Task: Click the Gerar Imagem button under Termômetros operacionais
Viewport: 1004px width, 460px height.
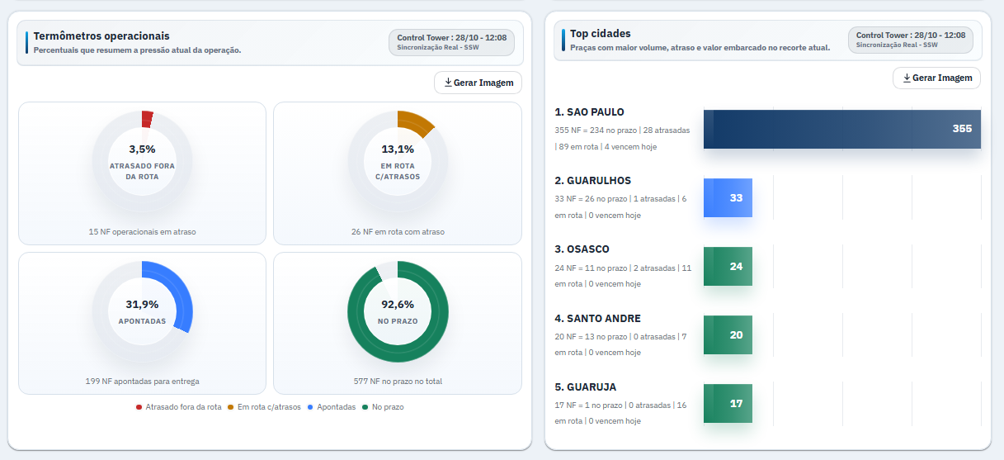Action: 478,83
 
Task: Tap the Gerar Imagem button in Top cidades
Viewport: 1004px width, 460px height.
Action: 937,78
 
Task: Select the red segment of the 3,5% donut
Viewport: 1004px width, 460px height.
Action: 147,120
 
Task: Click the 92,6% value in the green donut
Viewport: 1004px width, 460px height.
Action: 398,304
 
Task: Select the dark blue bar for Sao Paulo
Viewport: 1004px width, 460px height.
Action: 842,130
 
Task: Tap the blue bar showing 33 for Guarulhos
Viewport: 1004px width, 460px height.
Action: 728,198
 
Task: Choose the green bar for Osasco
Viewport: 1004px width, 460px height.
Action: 728,266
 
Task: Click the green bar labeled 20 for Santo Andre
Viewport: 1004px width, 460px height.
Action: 728,334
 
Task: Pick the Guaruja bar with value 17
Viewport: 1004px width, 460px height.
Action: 728,404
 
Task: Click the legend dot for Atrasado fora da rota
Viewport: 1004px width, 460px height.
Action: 139,407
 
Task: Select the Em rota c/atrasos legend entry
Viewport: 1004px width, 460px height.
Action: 265,407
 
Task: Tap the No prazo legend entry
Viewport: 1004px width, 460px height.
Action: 384,407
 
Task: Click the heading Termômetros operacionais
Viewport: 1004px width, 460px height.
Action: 101,36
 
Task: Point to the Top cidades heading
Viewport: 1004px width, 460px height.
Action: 600,34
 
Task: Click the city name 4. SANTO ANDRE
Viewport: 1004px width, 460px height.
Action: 597,319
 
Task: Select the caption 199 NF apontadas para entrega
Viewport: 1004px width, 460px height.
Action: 142,382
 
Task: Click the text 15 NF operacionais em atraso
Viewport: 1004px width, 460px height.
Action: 142,232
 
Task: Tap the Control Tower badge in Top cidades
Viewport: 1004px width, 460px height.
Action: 910,40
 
